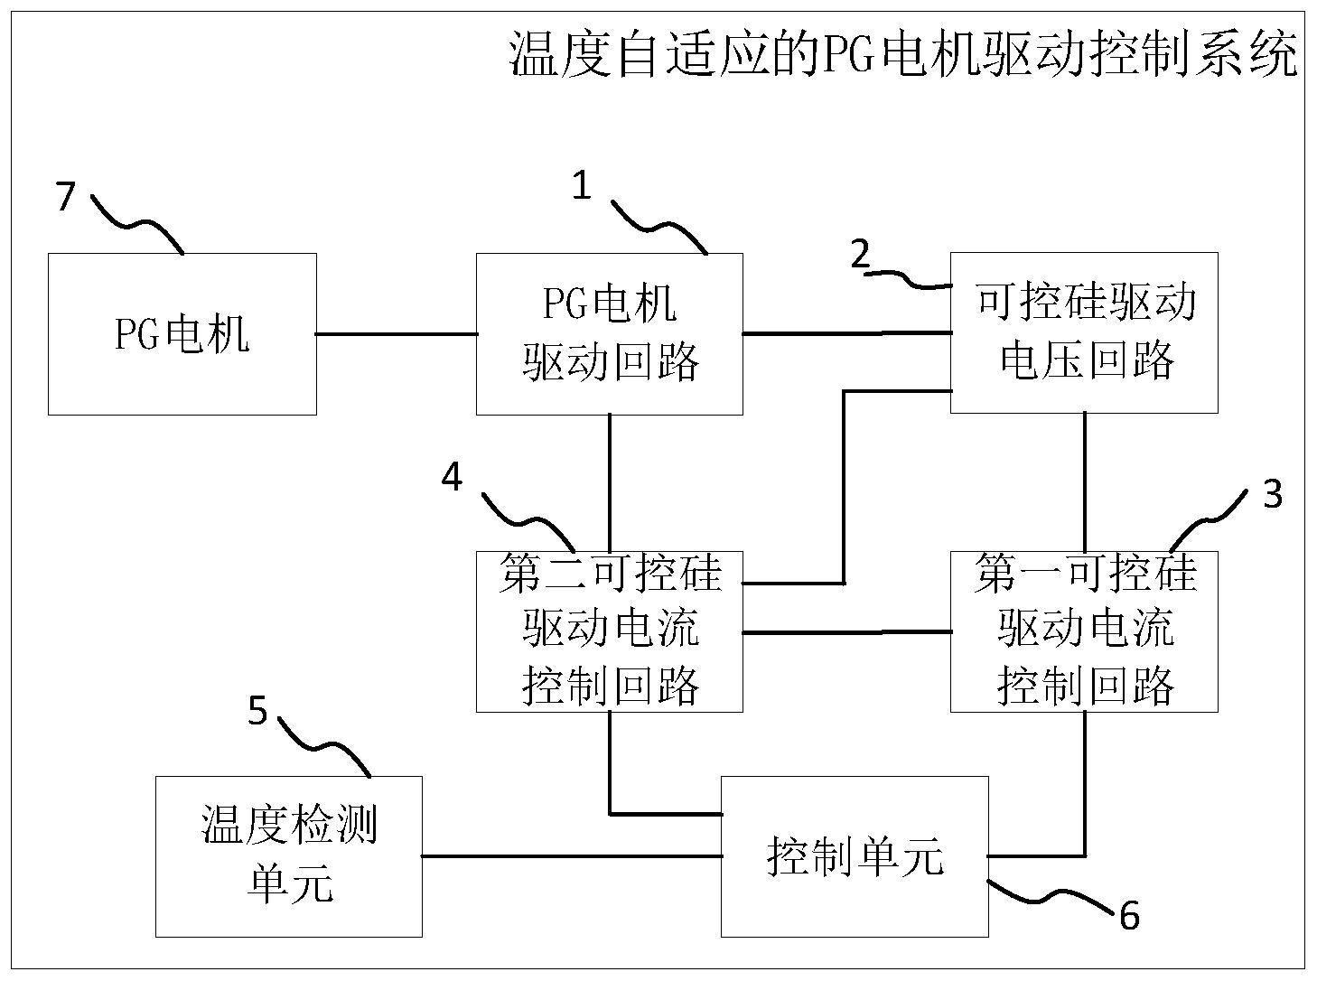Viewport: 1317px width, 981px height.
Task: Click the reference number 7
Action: (x=64, y=196)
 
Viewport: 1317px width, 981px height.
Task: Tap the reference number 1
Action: (x=582, y=186)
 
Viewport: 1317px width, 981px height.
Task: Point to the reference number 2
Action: (x=860, y=255)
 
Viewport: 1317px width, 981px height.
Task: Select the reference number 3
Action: (x=1272, y=494)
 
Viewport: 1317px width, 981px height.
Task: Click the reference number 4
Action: (x=452, y=476)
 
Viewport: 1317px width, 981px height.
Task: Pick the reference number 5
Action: (x=258, y=711)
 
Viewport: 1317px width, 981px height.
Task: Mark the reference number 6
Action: (x=1129, y=916)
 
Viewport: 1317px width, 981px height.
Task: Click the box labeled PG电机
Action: (x=182, y=334)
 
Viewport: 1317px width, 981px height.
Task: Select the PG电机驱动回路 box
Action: (x=610, y=334)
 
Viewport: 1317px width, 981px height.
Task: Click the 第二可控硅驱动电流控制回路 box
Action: (x=610, y=631)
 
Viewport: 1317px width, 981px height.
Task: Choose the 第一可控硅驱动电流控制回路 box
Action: (x=1084, y=631)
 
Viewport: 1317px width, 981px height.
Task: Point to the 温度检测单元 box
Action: (x=288, y=855)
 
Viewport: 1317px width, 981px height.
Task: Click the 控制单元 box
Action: (x=854, y=855)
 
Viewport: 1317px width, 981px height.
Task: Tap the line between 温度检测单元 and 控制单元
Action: (x=571, y=855)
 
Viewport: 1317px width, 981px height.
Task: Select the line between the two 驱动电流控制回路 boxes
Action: (x=845, y=632)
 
